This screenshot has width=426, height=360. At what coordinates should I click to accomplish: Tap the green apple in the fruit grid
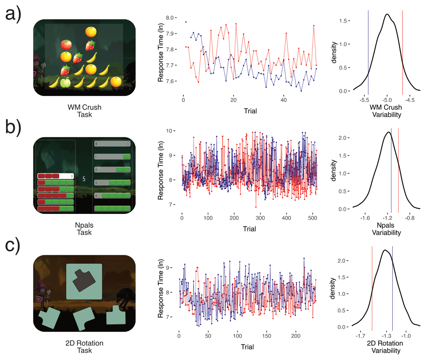point(65,83)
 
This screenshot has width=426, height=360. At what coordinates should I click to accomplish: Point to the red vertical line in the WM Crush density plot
point(403,53)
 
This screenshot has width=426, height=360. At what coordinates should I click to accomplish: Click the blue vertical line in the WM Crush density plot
point(368,53)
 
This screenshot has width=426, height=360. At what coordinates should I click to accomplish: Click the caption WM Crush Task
point(84,111)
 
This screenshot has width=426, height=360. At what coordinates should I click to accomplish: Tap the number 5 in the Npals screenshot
point(84,179)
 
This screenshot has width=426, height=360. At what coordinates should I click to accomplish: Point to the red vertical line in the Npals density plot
point(398,170)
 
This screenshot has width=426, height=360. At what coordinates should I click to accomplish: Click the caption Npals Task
point(84,229)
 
